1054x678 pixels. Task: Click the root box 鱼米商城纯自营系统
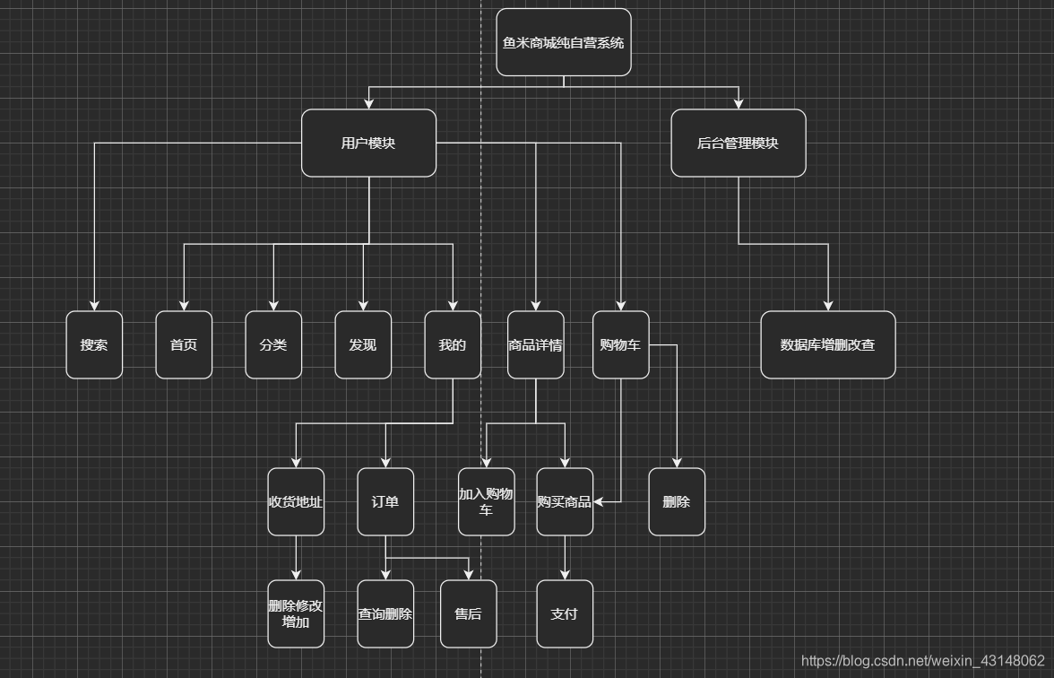pyautogui.click(x=564, y=42)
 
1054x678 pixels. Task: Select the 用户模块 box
pyautogui.click(x=368, y=143)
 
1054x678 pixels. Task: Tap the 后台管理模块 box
pyautogui.click(x=739, y=143)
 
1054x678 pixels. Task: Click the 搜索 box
pyautogui.click(x=94, y=345)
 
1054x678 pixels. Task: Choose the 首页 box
pyautogui.click(x=184, y=345)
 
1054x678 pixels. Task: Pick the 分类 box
pyautogui.click(x=273, y=345)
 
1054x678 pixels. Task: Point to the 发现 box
pyautogui.click(x=363, y=345)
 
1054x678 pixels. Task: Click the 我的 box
pyautogui.click(x=453, y=345)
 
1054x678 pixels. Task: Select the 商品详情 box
pyautogui.click(x=536, y=345)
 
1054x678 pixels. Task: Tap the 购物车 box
pyautogui.click(x=620, y=345)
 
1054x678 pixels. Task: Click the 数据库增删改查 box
pyautogui.click(x=828, y=345)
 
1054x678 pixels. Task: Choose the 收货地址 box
pyautogui.click(x=296, y=502)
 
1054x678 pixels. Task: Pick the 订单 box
pyautogui.click(x=385, y=502)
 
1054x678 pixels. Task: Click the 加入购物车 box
pyautogui.click(x=487, y=502)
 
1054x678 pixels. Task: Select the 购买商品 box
pyautogui.click(x=565, y=502)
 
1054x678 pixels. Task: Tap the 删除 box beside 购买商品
pyautogui.click(x=677, y=502)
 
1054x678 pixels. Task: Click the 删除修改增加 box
pyautogui.click(x=296, y=614)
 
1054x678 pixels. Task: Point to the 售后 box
pyautogui.click(x=468, y=614)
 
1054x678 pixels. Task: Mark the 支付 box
pyautogui.click(x=565, y=614)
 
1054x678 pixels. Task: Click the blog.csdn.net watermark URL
pyautogui.click(x=922, y=661)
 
